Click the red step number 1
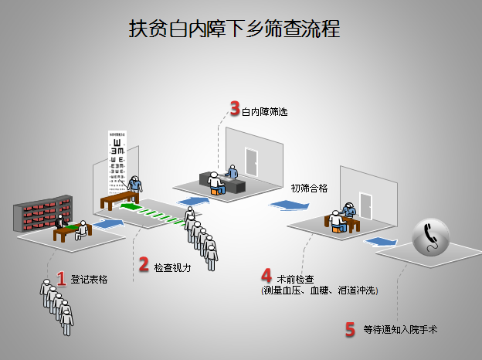point(62,277)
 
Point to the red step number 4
point(266,276)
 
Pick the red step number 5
point(349,330)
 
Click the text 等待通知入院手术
point(402,331)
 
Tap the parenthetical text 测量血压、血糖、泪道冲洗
point(319,290)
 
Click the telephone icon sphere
point(434,237)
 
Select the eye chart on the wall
point(117,160)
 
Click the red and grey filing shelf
point(43,212)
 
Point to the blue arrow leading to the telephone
point(382,242)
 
